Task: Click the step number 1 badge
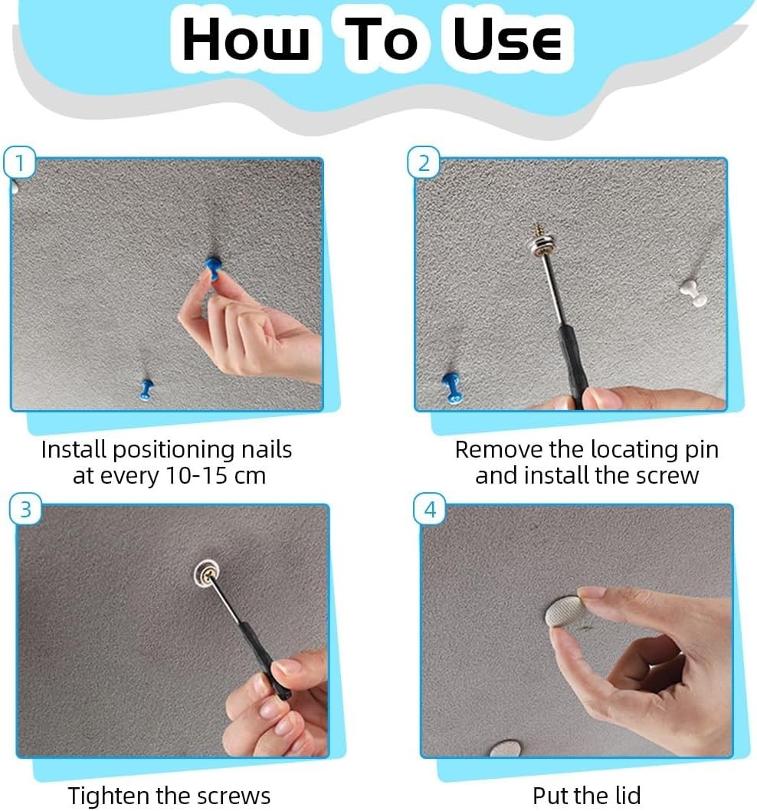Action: coord(20,163)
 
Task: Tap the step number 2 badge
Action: coord(424,163)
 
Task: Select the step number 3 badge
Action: coord(25,510)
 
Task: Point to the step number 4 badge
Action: coord(430,510)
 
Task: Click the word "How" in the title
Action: coord(246,40)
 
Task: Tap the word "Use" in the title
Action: coord(507,40)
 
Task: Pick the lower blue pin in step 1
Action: coord(146,389)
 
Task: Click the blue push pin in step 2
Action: coord(453,387)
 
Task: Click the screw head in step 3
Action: coord(208,573)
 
